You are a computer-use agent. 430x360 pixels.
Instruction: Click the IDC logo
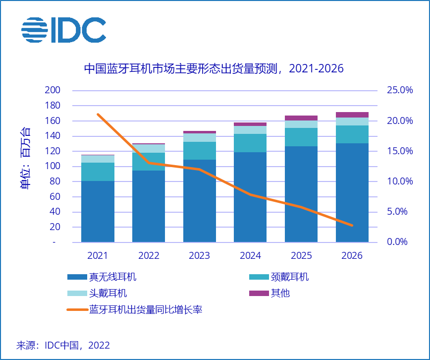click(x=63, y=30)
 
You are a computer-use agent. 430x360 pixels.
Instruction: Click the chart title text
click(x=214, y=68)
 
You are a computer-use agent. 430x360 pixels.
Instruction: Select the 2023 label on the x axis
click(x=200, y=256)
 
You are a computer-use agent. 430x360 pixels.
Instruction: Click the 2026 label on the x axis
click(x=352, y=256)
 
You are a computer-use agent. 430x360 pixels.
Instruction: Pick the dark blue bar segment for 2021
click(x=98, y=211)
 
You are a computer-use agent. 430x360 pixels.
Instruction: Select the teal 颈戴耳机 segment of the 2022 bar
click(x=149, y=162)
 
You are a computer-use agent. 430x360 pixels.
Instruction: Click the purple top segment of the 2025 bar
click(x=301, y=118)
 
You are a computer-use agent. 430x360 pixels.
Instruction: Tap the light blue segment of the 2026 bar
click(x=352, y=121)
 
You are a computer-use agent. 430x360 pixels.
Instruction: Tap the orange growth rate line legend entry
click(x=134, y=310)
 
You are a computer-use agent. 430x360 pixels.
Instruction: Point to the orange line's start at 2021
click(x=98, y=115)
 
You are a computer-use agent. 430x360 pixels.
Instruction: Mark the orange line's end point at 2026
click(x=352, y=225)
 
